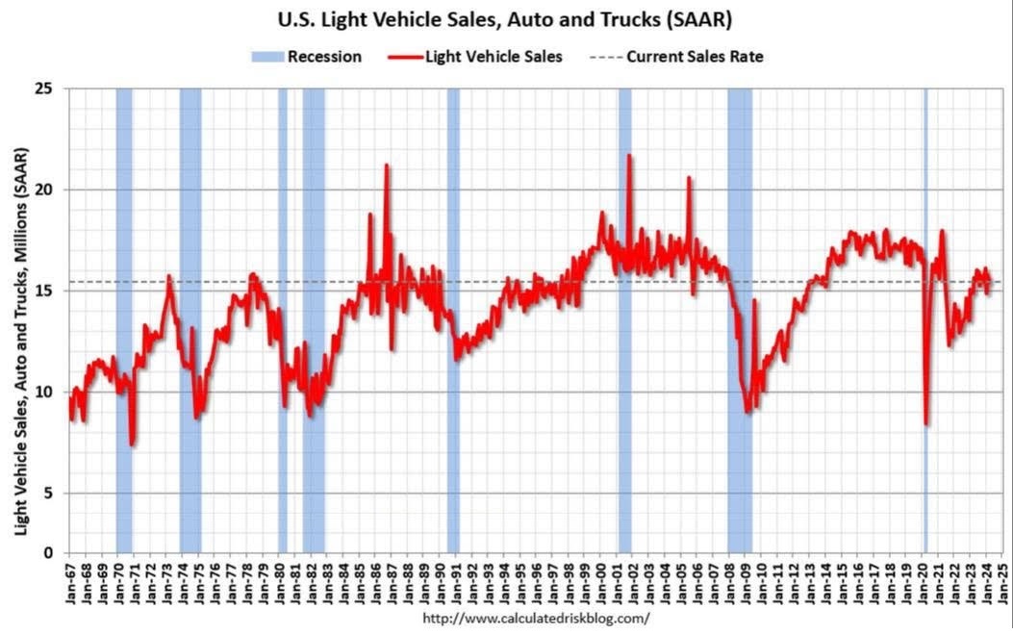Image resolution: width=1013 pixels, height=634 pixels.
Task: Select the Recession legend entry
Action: [307, 57]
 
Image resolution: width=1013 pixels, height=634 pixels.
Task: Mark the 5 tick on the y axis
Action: [54, 494]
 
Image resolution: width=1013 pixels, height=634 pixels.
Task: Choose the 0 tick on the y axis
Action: [54, 553]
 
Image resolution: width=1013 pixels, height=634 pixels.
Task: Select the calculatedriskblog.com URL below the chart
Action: [536, 618]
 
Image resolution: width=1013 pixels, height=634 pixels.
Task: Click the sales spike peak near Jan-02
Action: [629, 155]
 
